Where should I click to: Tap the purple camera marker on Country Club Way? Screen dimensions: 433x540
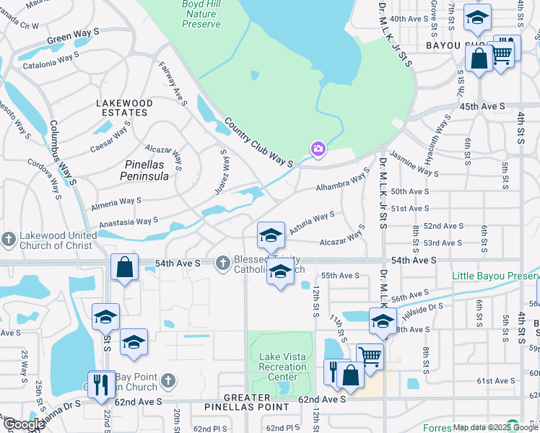coord(318,149)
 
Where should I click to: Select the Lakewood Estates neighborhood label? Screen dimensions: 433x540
coord(125,108)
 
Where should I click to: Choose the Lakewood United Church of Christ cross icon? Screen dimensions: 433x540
coord(8,239)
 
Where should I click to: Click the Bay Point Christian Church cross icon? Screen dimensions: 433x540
coord(167,380)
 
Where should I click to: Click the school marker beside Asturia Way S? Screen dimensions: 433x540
coord(270,235)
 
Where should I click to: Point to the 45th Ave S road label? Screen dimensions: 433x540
coord(483,106)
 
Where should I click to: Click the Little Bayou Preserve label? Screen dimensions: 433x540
coord(495,276)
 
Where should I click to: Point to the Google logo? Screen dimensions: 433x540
coord(23,424)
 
